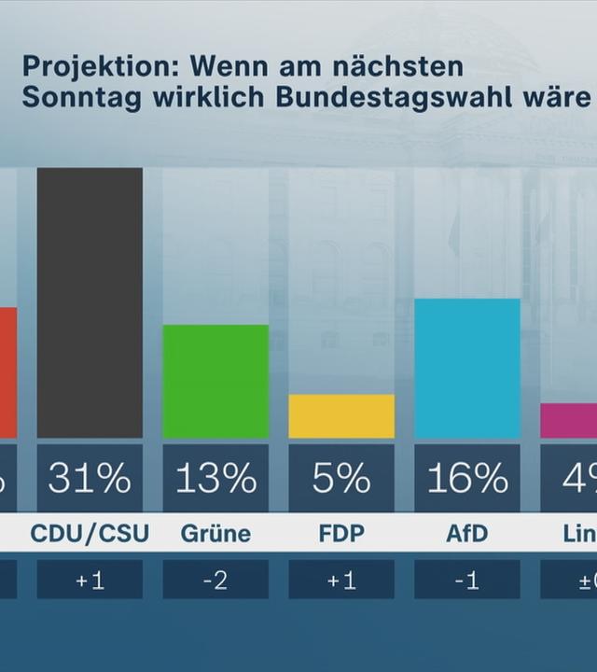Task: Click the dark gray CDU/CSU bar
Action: pyautogui.click(x=90, y=302)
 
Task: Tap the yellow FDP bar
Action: pyautogui.click(x=341, y=416)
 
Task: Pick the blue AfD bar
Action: pyautogui.click(x=467, y=369)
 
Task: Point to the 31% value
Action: pyautogui.click(x=90, y=478)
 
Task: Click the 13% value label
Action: pyautogui.click(x=215, y=478)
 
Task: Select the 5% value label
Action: pyautogui.click(x=341, y=478)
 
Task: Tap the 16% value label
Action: pyautogui.click(x=467, y=478)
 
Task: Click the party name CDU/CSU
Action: pyautogui.click(x=90, y=534)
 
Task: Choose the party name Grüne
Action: pyautogui.click(x=215, y=534)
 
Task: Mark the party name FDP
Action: pyautogui.click(x=341, y=534)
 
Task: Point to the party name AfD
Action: pyautogui.click(x=467, y=534)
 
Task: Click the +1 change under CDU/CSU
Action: pyautogui.click(x=90, y=581)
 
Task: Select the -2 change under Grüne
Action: pyautogui.click(x=215, y=581)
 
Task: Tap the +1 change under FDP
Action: pyautogui.click(x=341, y=581)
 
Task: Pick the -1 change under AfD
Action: pyautogui.click(x=467, y=581)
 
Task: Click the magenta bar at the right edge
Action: pyautogui.click(x=569, y=421)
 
